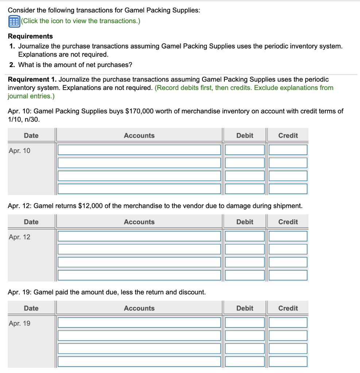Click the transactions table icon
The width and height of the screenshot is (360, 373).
(13, 21)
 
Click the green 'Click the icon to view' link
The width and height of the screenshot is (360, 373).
(81, 21)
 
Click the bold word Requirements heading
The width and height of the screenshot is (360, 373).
(30, 36)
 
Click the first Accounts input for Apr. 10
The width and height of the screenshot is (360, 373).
(139, 150)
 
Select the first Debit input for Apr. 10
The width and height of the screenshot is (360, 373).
(244, 150)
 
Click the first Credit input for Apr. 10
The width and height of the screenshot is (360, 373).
(288, 150)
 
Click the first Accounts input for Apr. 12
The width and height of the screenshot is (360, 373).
(139, 236)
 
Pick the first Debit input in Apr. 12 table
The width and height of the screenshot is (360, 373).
(244, 236)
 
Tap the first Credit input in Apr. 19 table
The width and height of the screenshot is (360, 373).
(288, 322)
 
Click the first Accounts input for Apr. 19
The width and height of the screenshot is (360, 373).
(139, 322)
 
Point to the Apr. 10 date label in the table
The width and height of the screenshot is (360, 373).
(20, 150)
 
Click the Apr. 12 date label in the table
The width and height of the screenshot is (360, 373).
(20, 237)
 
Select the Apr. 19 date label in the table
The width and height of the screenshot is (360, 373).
(20, 323)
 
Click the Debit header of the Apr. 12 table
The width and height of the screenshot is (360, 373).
(244, 222)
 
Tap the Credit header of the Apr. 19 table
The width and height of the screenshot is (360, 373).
(288, 308)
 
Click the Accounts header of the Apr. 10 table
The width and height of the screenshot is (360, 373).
(139, 136)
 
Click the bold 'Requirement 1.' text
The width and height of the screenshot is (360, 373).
(32, 79)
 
